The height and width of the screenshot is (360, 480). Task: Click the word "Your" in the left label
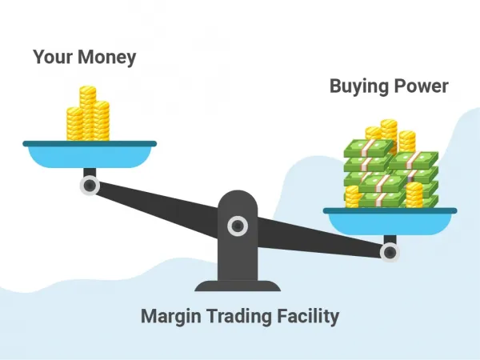(x=53, y=57)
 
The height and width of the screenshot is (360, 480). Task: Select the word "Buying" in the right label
(x=359, y=86)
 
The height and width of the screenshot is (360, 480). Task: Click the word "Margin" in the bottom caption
(x=171, y=317)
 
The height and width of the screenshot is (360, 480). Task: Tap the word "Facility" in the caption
(x=308, y=317)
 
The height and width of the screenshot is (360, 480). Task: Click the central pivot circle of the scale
(x=238, y=226)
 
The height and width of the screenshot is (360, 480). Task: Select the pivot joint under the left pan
(x=90, y=186)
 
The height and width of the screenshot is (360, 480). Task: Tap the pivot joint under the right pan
(x=390, y=252)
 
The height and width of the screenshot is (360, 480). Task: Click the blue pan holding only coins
(x=90, y=154)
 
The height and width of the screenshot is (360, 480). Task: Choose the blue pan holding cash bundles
(x=390, y=222)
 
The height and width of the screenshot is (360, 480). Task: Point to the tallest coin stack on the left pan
(x=87, y=114)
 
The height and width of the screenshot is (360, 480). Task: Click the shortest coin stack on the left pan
(x=74, y=124)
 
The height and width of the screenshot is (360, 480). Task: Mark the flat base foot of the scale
(x=238, y=286)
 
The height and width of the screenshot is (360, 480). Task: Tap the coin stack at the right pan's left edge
(x=352, y=197)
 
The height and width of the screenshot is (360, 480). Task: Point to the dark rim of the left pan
(x=90, y=143)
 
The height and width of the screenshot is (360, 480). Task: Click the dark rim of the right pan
(x=390, y=210)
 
